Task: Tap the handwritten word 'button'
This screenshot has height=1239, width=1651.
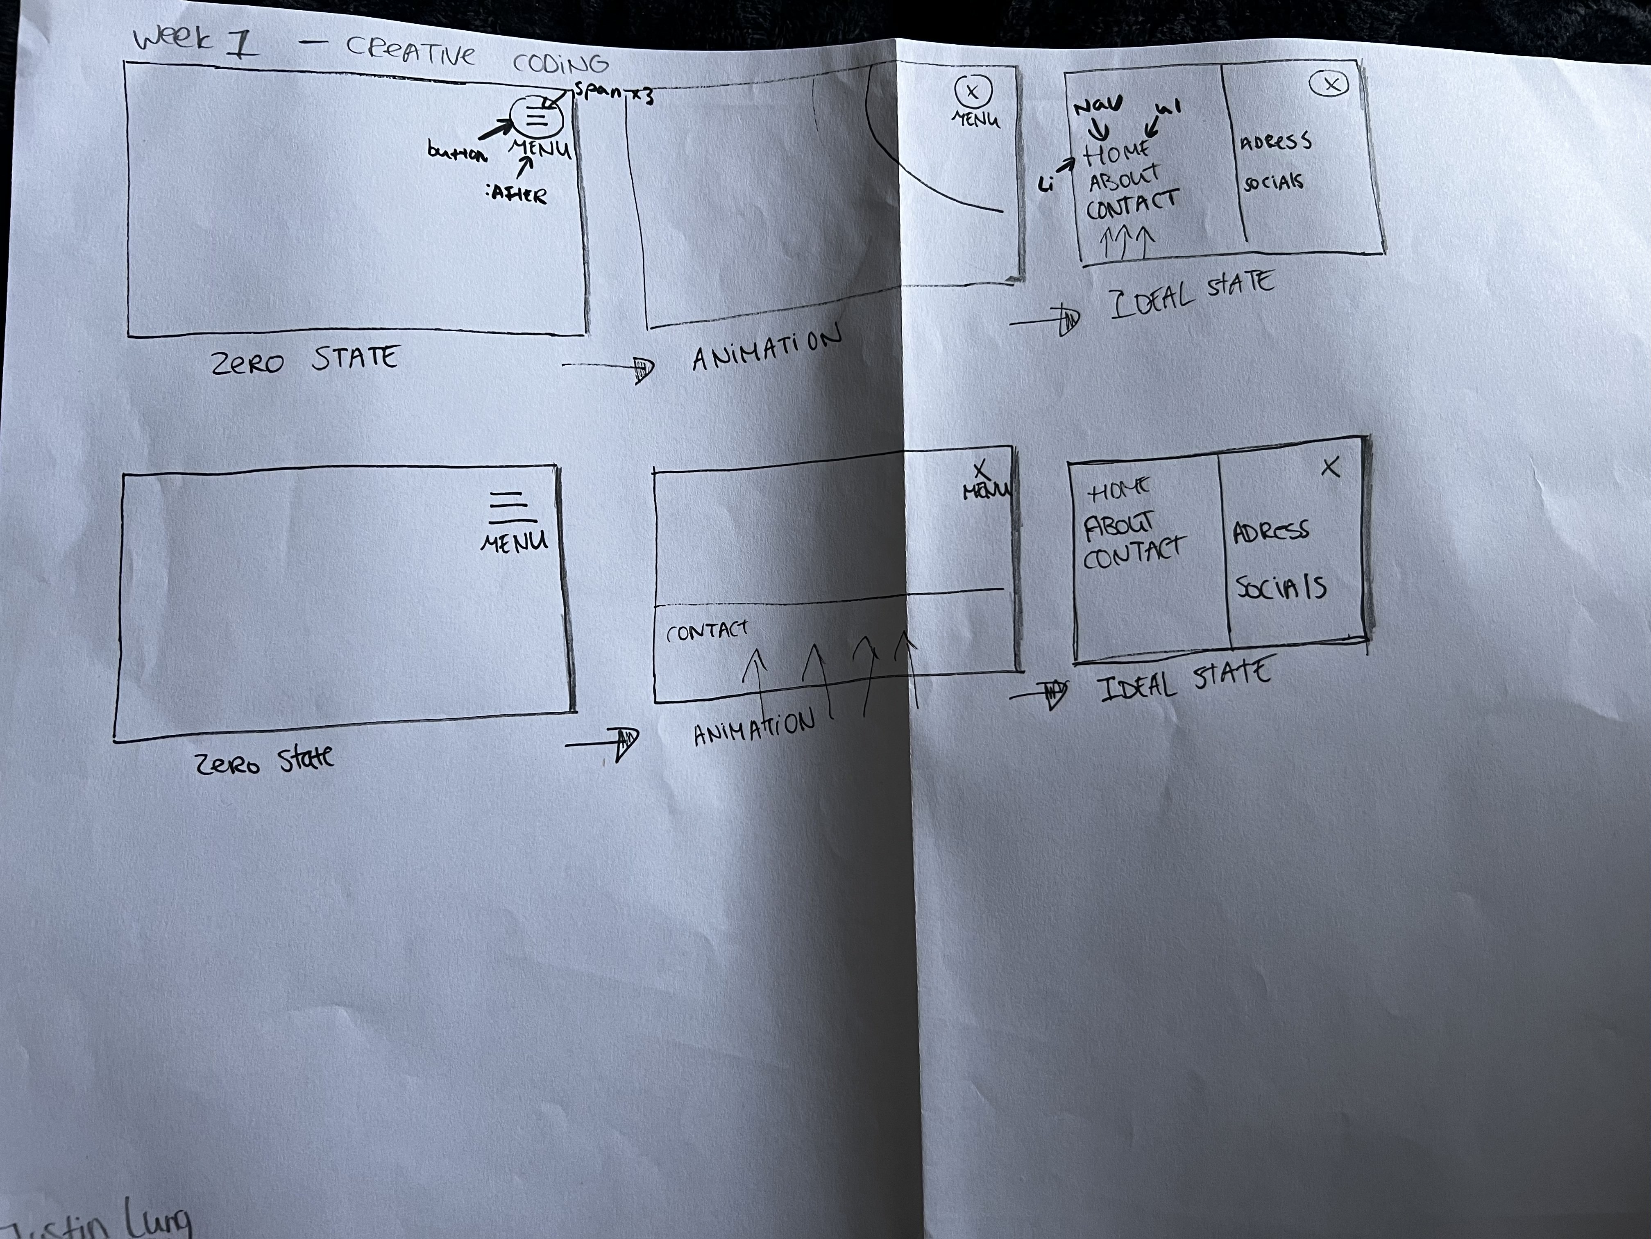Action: point(457,153)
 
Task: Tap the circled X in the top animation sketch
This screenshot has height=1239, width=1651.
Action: point(972,92)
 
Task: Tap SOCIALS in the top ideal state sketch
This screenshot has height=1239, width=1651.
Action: point(1272,182)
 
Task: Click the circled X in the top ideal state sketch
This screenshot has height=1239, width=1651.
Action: point(1329,84)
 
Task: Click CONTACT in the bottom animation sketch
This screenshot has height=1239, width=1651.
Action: point(706,632)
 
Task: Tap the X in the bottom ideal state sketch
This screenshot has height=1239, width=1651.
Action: point(1330,467)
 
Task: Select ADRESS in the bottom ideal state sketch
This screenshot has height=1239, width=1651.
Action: point(1270,532)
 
